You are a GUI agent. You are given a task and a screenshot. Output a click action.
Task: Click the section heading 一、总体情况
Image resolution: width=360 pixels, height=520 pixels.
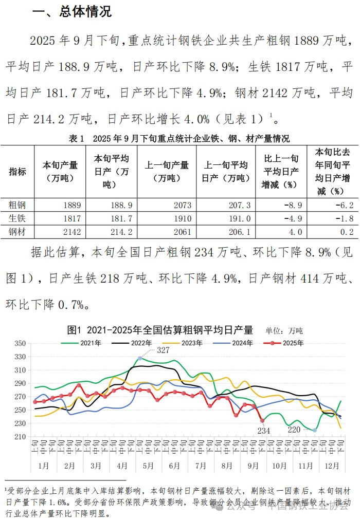tap(72, 12)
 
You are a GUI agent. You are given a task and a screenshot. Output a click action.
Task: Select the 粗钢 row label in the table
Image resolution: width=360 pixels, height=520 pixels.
tap(17, 205)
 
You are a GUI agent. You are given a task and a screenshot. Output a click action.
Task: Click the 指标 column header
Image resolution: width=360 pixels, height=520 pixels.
tap(17, 172)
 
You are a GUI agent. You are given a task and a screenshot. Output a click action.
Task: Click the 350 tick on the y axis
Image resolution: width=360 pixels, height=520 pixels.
tap(21, 343)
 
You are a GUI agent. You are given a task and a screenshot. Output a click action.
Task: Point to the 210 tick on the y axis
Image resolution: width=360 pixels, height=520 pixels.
tap(21, 437)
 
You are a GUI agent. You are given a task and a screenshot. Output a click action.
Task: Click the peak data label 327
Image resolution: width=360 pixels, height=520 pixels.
tap(163, 350)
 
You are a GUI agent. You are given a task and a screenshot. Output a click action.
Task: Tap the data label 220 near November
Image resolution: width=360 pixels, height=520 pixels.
tap(294, 429)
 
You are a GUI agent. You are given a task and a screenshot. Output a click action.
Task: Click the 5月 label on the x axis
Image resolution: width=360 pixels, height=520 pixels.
tap(148, 466)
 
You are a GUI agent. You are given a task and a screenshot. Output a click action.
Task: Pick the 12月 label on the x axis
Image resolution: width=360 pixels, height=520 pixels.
tap(332, 466)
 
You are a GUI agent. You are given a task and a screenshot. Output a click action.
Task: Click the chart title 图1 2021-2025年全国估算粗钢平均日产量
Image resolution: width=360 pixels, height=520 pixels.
tap(160, 329)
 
